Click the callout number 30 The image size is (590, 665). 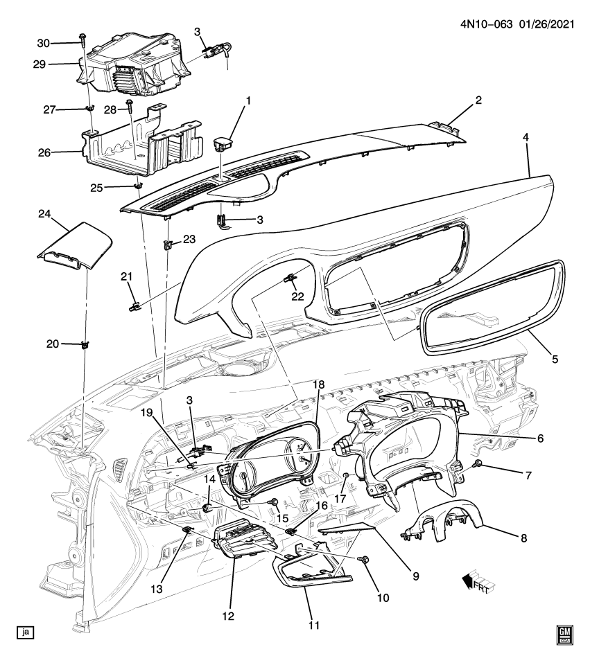(x=44, y=42)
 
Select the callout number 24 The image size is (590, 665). (x=44, y=214)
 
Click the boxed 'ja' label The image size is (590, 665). (x=26, y=632)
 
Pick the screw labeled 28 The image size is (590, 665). (x=130, y=105)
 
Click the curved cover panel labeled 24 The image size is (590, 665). (x=75, y=246)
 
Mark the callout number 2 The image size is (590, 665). (x=478, y=100)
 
